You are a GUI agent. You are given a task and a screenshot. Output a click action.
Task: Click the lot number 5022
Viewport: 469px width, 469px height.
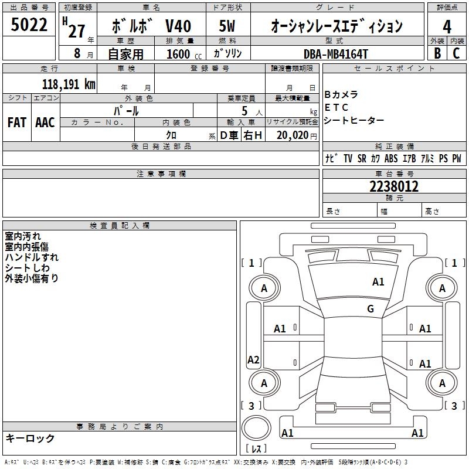29,26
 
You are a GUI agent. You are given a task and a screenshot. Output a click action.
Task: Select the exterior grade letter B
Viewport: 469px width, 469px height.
437,53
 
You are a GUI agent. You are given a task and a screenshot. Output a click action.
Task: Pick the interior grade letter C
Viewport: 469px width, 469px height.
457,53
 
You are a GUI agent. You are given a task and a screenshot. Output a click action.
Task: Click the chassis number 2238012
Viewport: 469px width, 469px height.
394,186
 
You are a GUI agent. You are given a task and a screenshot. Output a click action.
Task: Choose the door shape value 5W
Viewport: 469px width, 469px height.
228,26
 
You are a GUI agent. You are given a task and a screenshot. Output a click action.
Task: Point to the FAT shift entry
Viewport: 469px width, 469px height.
16,123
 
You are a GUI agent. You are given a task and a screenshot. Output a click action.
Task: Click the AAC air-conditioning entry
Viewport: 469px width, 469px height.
45,123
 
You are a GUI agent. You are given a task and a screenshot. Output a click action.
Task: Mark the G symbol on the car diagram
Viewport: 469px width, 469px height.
371,308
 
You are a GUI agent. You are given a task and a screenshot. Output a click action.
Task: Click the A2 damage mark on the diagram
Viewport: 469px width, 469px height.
253,360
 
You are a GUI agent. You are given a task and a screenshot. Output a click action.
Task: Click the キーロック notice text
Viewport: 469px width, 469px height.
30,439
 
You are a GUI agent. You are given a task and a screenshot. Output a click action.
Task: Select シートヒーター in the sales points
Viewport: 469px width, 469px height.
354,120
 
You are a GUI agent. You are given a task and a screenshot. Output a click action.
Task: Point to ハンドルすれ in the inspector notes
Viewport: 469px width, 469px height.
32,257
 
